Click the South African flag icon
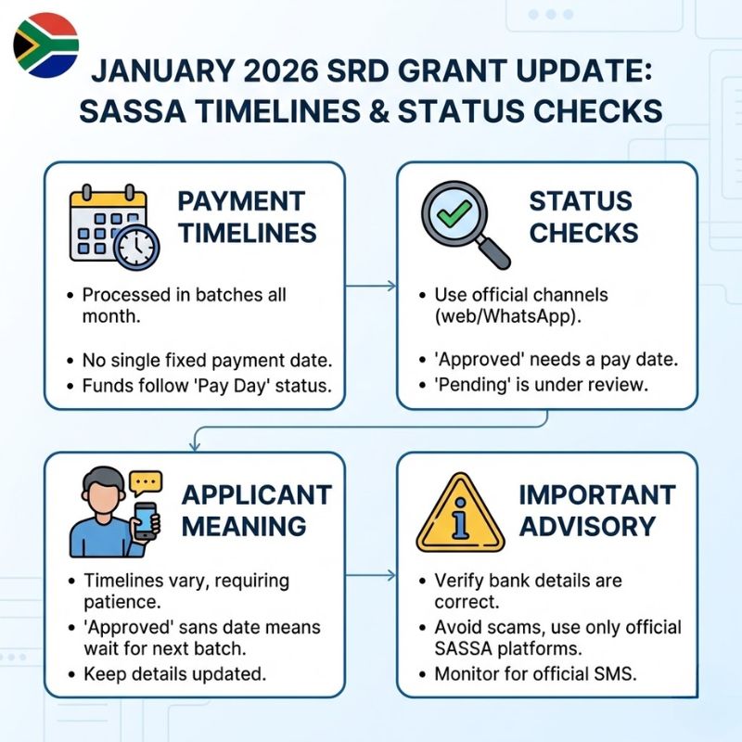[45, 45]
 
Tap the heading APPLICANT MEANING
[256, 509]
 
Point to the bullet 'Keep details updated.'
[174, 672]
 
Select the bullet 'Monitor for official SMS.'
[535, 672]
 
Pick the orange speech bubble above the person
[146, 481]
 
